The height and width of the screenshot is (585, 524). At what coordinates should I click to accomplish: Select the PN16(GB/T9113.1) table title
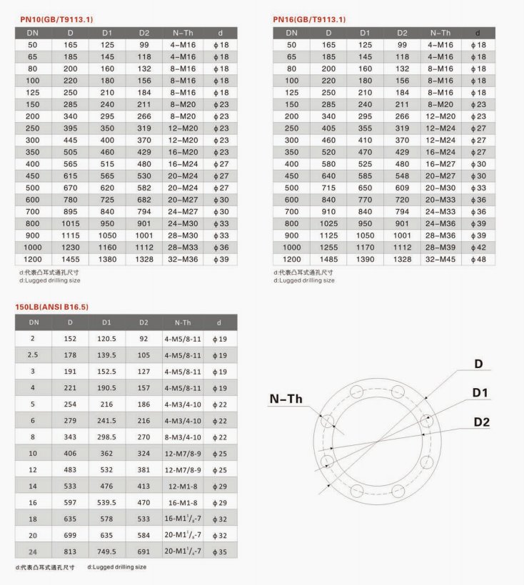point(309,19)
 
